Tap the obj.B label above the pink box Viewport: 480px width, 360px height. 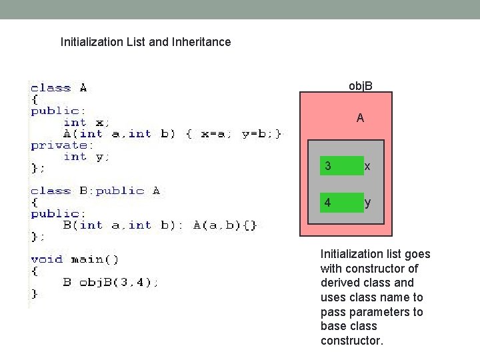pos(361,85)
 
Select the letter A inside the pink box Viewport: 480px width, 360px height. pos(360,119)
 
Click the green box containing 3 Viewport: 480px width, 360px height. pos(342,166)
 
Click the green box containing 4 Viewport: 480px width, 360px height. pos(342,203)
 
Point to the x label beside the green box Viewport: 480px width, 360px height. pos(367,166)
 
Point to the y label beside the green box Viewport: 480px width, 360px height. pos(367,203)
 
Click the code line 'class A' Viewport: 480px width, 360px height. pos(59,87)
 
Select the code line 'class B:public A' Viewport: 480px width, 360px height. pos(95,191)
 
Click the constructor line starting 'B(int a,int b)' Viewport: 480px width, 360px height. pos(160,225)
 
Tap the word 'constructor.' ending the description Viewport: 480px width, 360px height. pos(352,341)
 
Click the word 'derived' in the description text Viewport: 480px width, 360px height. pos(339,283)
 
